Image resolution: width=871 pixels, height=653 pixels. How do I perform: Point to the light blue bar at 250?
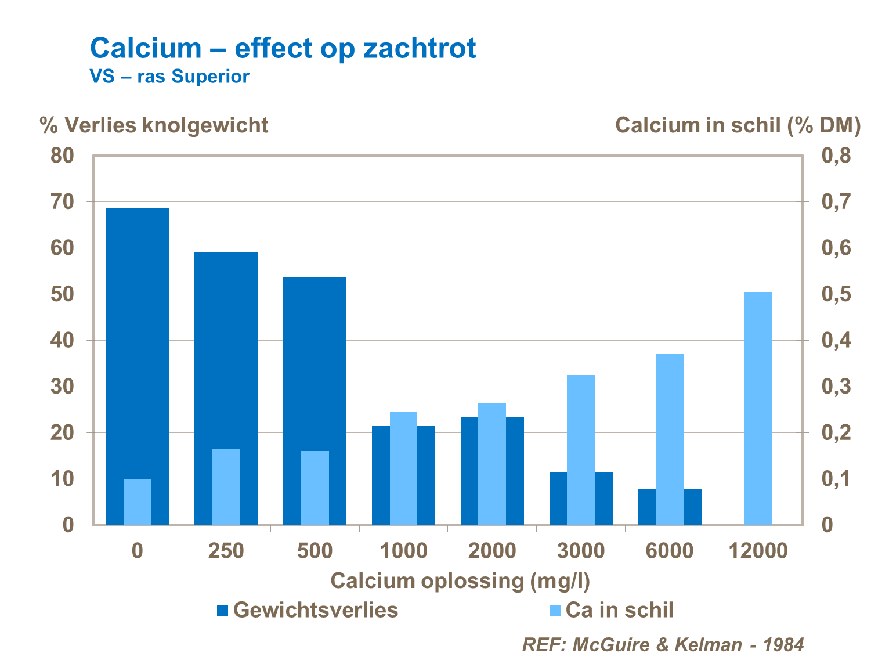point(226,487)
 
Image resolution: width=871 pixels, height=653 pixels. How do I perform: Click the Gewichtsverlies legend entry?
point(308,610)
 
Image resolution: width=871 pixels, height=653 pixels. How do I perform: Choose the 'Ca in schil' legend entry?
point(612,610)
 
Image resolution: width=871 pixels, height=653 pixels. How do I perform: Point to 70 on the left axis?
point(62,202)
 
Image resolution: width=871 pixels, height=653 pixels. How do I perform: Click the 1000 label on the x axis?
point(403,550)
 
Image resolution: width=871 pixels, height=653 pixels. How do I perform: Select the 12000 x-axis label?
point(758,550)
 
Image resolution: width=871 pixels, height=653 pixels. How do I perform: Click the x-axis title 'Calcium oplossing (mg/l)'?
point(460,581)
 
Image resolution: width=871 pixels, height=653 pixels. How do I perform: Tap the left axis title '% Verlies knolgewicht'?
point(154,125)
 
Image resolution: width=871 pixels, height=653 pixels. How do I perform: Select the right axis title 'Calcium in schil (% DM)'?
point(738,125)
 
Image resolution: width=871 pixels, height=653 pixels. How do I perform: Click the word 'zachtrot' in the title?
point(420,48)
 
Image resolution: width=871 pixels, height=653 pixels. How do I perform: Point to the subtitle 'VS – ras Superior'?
point(169,77)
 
